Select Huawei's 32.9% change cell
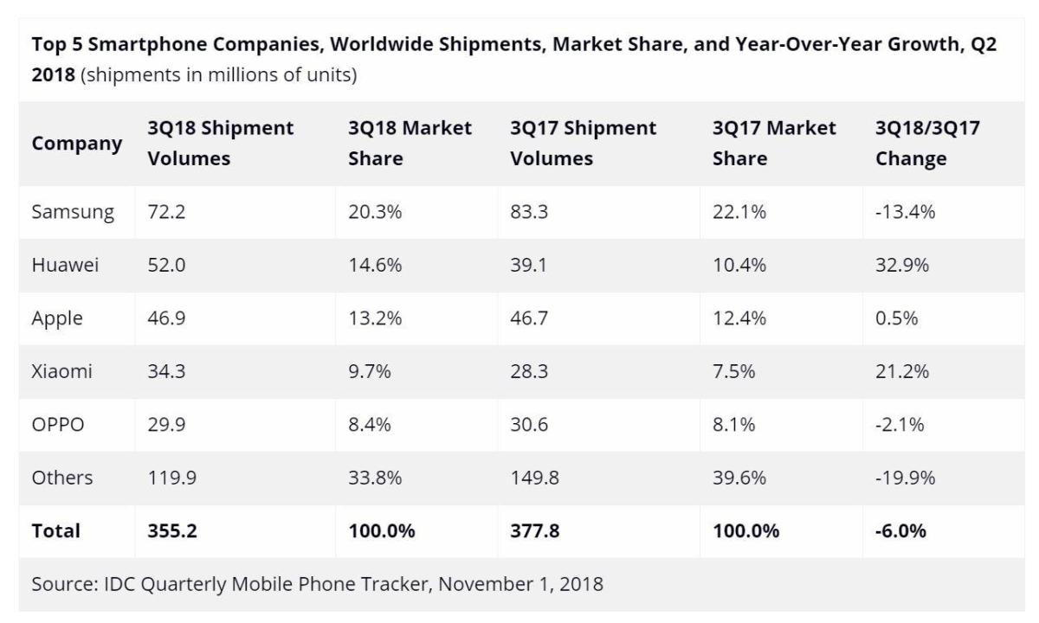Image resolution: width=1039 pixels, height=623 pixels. pos(902,266)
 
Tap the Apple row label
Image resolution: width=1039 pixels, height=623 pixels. pos(57,318)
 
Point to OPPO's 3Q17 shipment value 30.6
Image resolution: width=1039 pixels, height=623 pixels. pos(529,425)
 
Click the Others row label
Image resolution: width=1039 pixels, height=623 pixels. pos(62,478)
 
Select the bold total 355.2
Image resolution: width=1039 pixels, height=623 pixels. pos(172,530)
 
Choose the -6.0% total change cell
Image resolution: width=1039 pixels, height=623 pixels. pos(901,530)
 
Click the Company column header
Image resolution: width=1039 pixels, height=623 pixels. pos(76,144)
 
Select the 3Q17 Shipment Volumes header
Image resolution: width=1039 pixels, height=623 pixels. pos(583,144)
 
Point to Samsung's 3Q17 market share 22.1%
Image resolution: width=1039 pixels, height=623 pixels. pos(739,212)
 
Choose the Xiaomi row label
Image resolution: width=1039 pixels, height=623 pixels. pos(61,371)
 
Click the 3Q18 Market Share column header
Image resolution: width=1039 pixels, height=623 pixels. pos(410,144)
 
